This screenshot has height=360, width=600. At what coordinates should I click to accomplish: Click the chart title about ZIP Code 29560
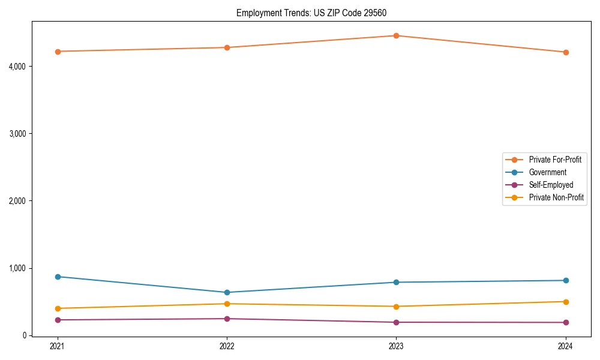(x=316, y=13)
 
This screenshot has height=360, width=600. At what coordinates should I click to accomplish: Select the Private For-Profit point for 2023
(x=396, y=35)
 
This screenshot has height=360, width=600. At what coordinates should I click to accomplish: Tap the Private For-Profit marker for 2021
(x=58, y=52)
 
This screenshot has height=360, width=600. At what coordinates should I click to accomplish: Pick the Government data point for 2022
(x=227, y=292)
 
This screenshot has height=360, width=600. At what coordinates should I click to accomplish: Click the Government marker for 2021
(x=58, y=277)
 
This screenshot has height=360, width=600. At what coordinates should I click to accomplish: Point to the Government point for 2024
(x=566, y=280)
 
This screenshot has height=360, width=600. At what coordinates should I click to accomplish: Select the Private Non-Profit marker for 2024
(x=566, y=302)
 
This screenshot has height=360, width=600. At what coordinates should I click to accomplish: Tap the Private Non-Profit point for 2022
(x=227, y=304)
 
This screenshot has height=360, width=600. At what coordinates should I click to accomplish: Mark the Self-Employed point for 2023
(x=396, y=322)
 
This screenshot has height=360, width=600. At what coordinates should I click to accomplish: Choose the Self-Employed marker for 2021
(x=58, y=320)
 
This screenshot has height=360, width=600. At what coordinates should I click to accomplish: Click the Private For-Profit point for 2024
(x=566, y=52)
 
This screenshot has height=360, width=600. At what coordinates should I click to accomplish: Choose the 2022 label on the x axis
(x=227, y=346)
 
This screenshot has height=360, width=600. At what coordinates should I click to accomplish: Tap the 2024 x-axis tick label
(x=566, y=346)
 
